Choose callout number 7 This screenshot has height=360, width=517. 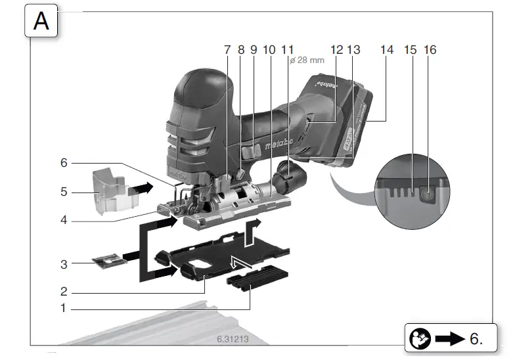(227, 50)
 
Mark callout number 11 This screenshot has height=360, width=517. (286, 50)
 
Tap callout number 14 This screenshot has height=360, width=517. (387, 50)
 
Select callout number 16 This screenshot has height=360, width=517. (431, 50)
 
